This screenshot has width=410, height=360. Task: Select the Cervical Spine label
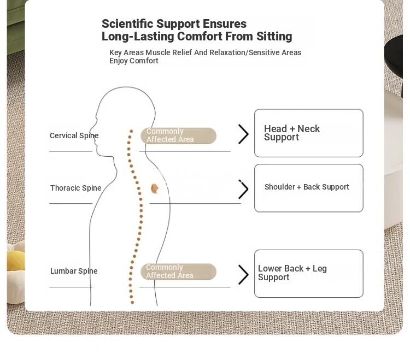74,135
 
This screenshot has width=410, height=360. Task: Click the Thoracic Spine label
76,188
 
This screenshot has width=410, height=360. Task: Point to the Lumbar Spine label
74,271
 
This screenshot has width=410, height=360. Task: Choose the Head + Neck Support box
308,133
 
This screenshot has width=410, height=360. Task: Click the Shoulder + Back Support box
308,188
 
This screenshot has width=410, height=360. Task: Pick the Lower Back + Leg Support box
308,274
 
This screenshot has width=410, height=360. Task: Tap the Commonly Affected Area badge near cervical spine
178,135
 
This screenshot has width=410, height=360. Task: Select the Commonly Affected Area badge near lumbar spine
178,272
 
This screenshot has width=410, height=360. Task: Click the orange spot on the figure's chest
155,188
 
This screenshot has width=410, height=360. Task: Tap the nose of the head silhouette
91,131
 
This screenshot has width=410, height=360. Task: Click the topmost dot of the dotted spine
131,131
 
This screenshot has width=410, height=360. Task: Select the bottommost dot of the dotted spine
132,303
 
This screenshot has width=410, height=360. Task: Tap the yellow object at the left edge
15,260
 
